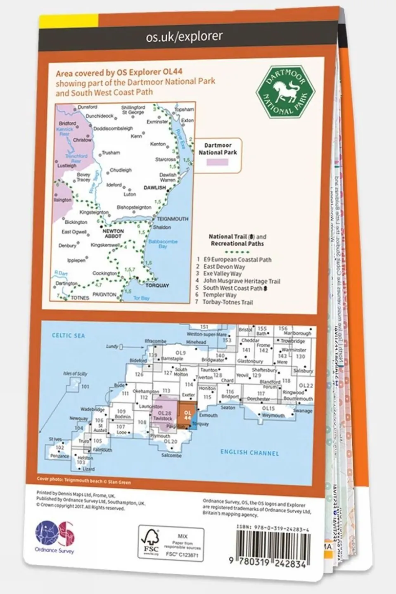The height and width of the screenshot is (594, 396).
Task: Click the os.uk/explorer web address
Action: coord(184,37)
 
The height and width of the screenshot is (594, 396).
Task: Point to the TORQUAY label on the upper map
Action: coord(157,285)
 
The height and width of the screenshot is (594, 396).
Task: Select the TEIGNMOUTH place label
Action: coord(173,219)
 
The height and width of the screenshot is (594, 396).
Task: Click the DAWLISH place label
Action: coord(154,188)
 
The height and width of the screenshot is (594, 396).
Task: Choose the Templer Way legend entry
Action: coord(219,295)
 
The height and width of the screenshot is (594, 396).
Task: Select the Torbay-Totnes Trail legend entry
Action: coord(227,302)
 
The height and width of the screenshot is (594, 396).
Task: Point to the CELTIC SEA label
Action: coord(68,336)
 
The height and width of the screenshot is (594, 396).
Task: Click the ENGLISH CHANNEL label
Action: coord(249,452)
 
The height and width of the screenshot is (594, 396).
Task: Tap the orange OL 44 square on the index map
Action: coord(187,414)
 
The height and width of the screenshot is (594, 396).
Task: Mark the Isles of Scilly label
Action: coord(75,374)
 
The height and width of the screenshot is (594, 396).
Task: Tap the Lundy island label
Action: coord(112,346)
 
